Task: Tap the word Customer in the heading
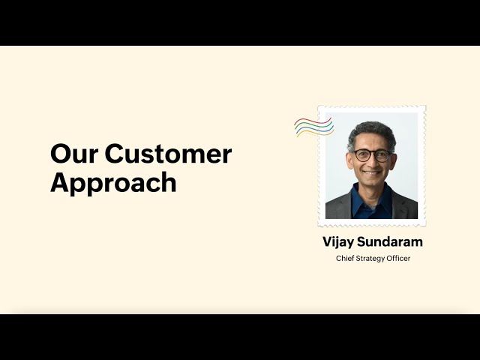[168, 154]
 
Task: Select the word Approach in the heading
[113, 183]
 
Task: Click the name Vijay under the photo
[338, 242]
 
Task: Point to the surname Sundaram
[390, 241]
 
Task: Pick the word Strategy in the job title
[370, 259]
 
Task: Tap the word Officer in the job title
[398, 258]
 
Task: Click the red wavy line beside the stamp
[313, 121]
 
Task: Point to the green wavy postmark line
[314, 125]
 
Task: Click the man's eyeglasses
[373, 155]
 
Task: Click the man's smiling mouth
[372, 173]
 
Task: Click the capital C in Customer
[115, 154]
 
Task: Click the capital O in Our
[61, 154]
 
